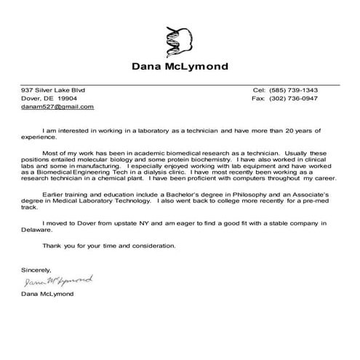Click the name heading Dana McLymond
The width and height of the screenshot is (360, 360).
[180, 67]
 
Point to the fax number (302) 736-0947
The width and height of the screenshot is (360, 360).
[295, 97]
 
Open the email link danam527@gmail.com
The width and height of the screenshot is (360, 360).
[57, 106]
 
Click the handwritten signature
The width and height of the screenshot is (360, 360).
[58, 279]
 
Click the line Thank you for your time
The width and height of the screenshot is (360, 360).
[109, 245]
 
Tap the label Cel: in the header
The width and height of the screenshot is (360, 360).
[260, 89]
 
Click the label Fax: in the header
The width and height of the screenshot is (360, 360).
[259, 97]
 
